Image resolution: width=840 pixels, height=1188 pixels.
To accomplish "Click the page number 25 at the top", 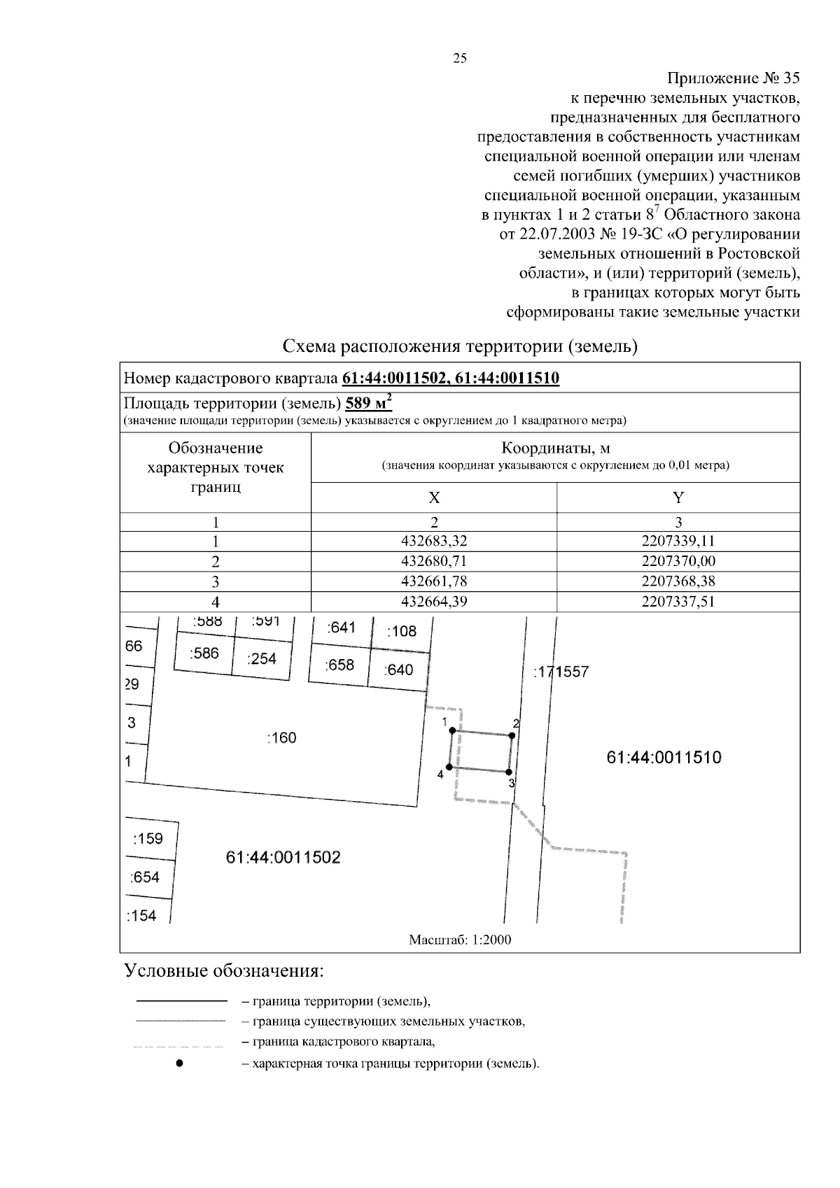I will pos(460,59).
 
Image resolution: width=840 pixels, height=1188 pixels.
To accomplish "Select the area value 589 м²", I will pos(369,404).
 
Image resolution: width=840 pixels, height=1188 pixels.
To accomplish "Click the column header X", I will pos(434,497).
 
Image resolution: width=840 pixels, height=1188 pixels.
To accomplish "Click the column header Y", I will pos(678,497).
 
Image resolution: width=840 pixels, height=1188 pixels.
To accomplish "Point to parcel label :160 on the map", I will pos(282,737).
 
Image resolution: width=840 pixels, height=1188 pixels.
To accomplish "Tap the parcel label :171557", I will pos(561,672).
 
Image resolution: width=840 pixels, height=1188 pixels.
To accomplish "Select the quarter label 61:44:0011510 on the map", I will pos(664,757).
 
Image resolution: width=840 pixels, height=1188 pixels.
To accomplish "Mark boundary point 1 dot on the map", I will pos(452,730).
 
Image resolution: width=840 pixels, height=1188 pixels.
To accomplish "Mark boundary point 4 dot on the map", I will pos(449,768).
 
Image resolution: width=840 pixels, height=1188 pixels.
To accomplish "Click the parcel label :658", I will pos(340,665).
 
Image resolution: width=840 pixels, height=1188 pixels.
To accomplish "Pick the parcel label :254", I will pos(262,658).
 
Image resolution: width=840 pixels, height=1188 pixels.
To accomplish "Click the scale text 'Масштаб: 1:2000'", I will pos(460,940).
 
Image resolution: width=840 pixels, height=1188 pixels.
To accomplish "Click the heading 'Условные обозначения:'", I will pos(224,971).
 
